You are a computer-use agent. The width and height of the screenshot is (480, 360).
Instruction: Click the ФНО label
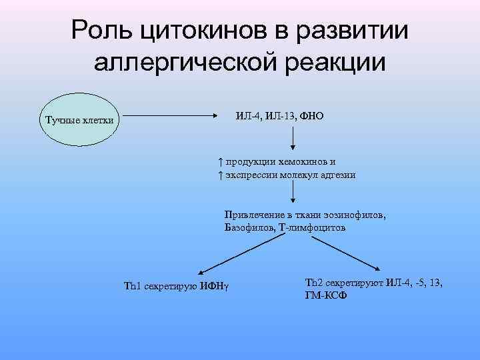click(311, 117)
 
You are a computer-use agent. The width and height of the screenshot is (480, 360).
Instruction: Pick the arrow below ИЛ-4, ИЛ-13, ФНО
click(293, 138)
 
